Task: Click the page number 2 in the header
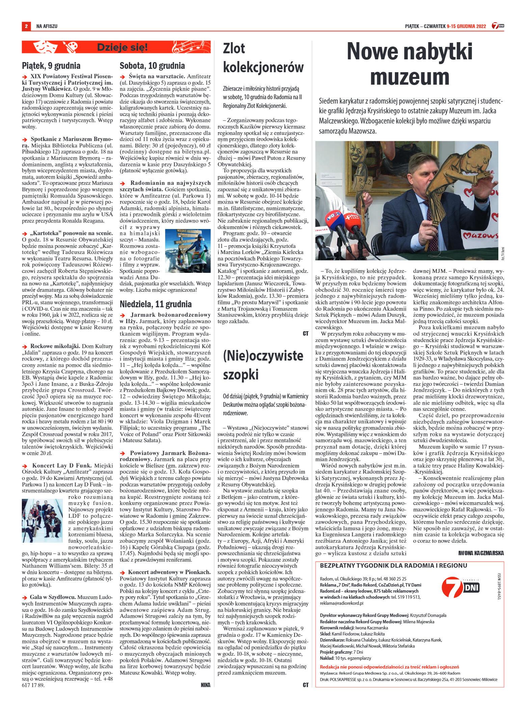[x=26, y=26]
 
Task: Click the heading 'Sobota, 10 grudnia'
[x=152, y=65]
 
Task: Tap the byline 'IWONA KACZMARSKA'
[x=481, y=553]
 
